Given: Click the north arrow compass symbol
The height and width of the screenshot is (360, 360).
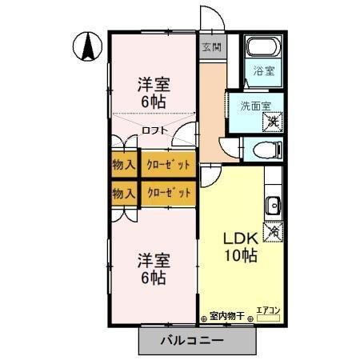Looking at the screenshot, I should (x=87, y=46).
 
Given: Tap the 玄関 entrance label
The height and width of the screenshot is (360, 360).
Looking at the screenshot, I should (x=210, y=46).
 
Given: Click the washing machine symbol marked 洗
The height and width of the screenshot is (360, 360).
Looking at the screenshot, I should (x=273, y=122).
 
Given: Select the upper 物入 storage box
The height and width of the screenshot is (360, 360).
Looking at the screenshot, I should (x=124, y=165).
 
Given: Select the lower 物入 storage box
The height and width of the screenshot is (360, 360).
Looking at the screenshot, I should (x=124, y=193).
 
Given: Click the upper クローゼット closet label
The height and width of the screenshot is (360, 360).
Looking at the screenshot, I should (x=169, y=165).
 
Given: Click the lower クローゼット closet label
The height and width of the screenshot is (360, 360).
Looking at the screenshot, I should (x=169, y=193).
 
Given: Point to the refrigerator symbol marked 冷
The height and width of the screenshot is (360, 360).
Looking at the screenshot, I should (x=274, y=230).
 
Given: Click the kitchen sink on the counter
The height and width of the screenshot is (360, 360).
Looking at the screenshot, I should (x=273, y=206).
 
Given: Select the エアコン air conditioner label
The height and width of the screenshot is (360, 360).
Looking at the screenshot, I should (x=266, y=310).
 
